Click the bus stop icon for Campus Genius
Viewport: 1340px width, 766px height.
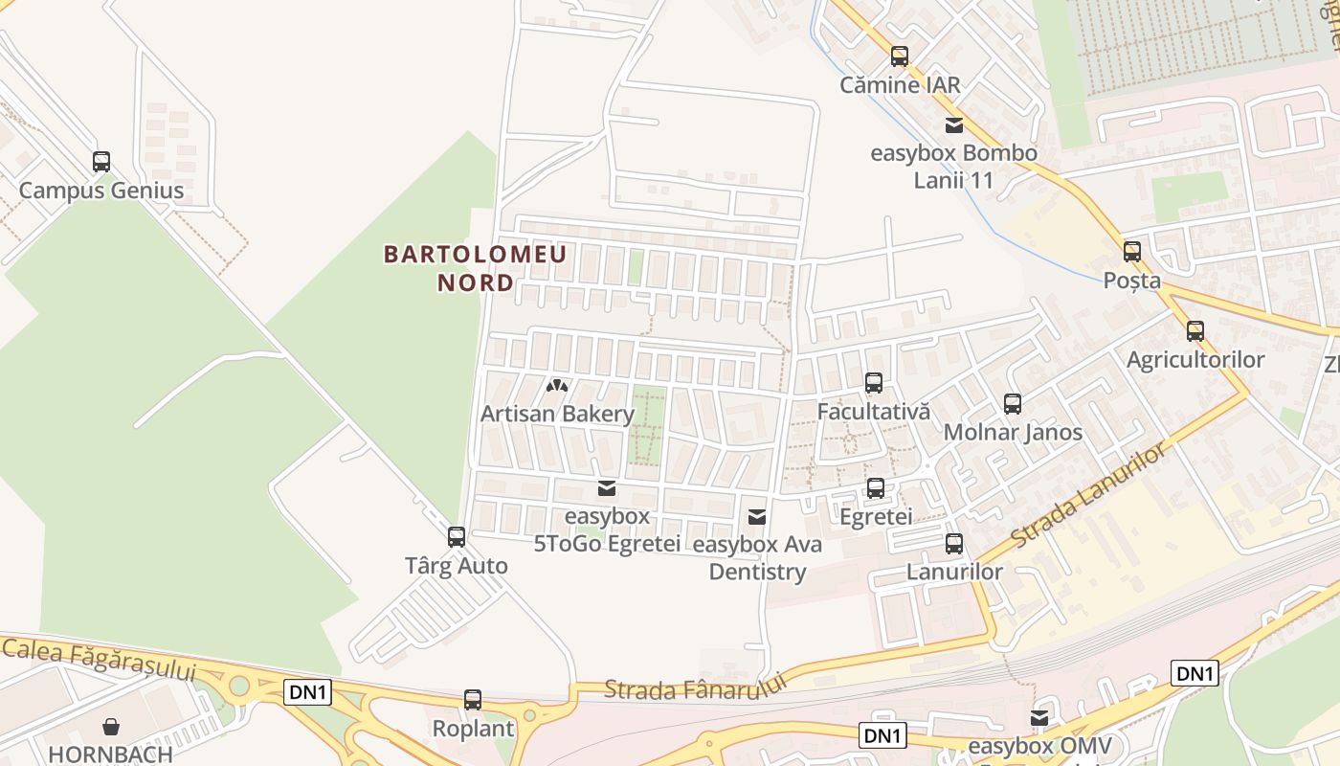tap(101, 162)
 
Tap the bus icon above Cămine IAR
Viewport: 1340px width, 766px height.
tap(900, 56)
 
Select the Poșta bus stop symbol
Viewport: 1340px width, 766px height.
tap(1132, 252)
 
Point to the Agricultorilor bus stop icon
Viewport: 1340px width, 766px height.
tap(1195, 331)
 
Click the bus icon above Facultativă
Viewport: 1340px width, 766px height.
tap(874, 383)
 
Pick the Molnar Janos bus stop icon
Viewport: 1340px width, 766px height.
tap(1013, 404)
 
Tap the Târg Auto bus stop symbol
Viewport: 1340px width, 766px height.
tap(457, 537)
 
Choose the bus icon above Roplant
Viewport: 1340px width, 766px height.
tap(473, 700)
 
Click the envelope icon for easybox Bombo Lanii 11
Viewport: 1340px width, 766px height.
tap(954, 124)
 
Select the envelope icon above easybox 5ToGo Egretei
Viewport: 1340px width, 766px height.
tap(607, 489)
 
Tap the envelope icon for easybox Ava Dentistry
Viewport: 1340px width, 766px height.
tap(757, 517)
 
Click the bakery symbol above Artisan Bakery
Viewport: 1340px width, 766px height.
tap(557, 386)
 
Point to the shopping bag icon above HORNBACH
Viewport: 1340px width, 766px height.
tap(111, 727)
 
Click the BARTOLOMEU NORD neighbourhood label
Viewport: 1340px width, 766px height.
tap(475, 268)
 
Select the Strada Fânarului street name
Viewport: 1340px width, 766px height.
tap(695, 687)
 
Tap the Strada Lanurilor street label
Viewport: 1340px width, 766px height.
tap(1089, 495)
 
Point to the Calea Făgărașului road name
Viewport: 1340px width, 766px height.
tap(99, 659)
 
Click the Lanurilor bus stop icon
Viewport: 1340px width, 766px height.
tap(954, 544)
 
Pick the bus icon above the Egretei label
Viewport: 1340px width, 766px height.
tap(876, 488)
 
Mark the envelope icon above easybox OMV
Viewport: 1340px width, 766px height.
tap(1039, 718)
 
